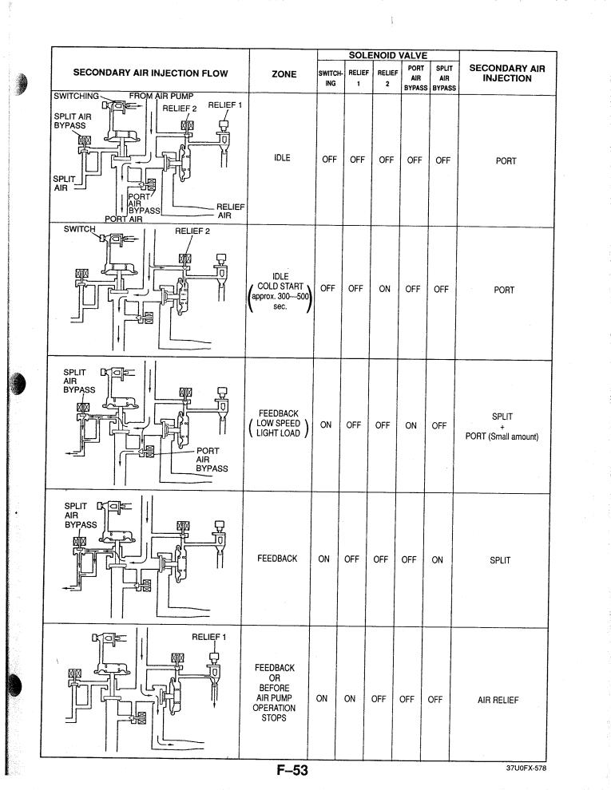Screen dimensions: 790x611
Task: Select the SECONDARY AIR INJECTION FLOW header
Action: pyautogui.click(x=140, y=73)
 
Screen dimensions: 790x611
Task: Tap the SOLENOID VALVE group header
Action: pyautogui.click(x=387, y=55)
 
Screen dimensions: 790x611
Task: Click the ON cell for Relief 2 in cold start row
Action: pyautogui.click(x=385, y=290)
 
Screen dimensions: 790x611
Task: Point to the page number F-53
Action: pyautogui.click(x=285, y=771)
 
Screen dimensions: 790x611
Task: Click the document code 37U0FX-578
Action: pyautogui.click(x=531, y=768)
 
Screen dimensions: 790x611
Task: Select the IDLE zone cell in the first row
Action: pyautogui.click(x=280, y=158)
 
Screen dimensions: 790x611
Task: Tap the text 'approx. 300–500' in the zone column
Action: pyautogui.click(x=280, y=298)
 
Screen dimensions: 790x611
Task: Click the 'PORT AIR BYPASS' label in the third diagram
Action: pyautogui.click(x=212, y=460)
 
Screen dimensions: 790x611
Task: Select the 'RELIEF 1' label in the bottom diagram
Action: pyautogui.click(x=209, y=636)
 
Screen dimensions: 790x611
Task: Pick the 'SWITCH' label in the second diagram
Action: pyautogui.click(x=79, y=230)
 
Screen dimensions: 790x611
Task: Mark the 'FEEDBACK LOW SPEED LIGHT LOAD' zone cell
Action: pyautogui.click(x=280, y=423)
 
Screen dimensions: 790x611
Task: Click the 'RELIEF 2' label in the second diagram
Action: pyautogui.click(x=192, y=232)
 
